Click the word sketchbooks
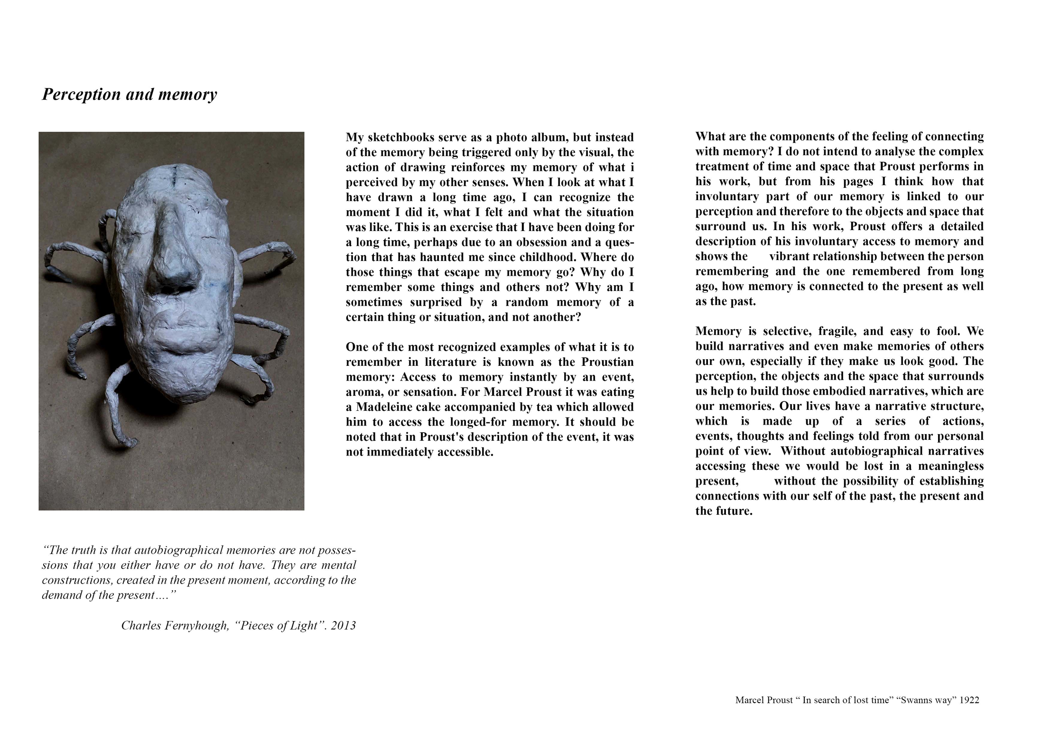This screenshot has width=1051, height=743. tap(401, 138)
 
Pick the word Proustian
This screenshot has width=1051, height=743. tap(608, 362)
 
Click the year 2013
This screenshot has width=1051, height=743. tap(343, 626)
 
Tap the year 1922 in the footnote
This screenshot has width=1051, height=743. tap(969, 700)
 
